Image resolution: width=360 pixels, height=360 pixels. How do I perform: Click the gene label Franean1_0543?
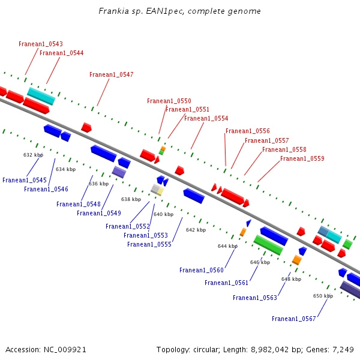coord(41,44)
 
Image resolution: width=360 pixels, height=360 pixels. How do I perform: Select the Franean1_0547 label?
coord(112,75)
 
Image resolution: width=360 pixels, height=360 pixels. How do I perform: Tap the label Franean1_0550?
coord(169,101)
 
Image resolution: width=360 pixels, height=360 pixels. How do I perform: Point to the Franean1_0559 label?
coord(302,159)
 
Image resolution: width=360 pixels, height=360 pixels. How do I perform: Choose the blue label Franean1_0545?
coord(25,181)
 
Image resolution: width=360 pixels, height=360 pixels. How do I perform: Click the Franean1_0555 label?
coord(149,245)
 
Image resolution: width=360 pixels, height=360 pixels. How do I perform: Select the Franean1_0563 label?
coord(255,298)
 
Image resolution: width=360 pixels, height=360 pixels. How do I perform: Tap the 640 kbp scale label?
coord(163,215)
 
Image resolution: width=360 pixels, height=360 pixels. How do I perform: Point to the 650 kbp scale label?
coord(323,296)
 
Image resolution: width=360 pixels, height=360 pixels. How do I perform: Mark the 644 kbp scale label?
coord(227,247)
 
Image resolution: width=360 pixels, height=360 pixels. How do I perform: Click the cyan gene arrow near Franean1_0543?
coord(41,96)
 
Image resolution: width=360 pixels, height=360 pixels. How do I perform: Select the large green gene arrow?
coord(268,245)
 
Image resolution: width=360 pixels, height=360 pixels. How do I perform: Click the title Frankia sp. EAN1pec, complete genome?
coord(180,12)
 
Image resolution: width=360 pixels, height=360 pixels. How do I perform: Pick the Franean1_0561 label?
coord(226,283)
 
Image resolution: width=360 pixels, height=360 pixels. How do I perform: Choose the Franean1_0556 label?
coord(248,131)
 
